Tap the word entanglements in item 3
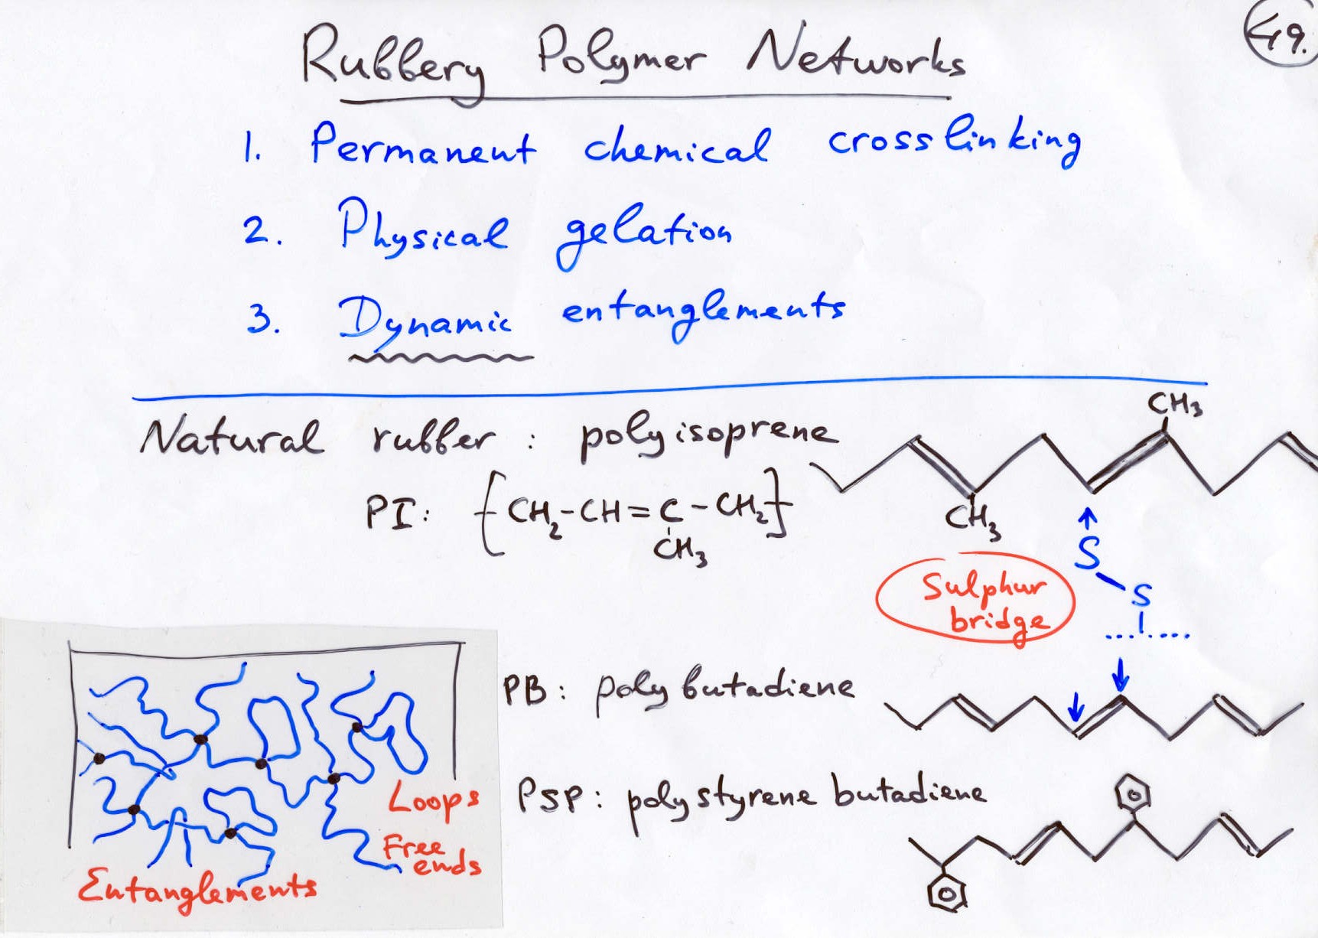tap(702, 311)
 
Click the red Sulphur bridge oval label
tap(976, 601)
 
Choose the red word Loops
tap(433, 799)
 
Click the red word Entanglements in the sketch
tap(197, 888)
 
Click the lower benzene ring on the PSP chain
tap(945, 893)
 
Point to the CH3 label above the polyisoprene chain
tap(1174, 403)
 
